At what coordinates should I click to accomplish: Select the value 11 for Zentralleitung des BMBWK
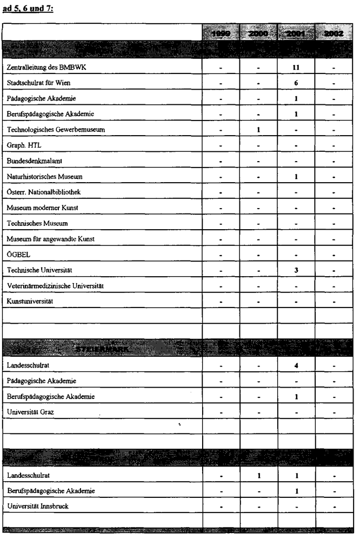tap(296, 68)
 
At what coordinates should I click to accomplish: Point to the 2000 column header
tap(259, 34)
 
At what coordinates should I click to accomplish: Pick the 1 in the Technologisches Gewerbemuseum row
tap(259, 130)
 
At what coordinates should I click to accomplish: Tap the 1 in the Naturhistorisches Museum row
tap(296, 177)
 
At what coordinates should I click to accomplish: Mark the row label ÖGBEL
tap(17, 255)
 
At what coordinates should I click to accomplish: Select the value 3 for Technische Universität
tap(296, 270)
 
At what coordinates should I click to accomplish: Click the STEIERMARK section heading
tap(98, 350)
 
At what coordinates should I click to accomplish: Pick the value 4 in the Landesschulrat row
tap(296, 365)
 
